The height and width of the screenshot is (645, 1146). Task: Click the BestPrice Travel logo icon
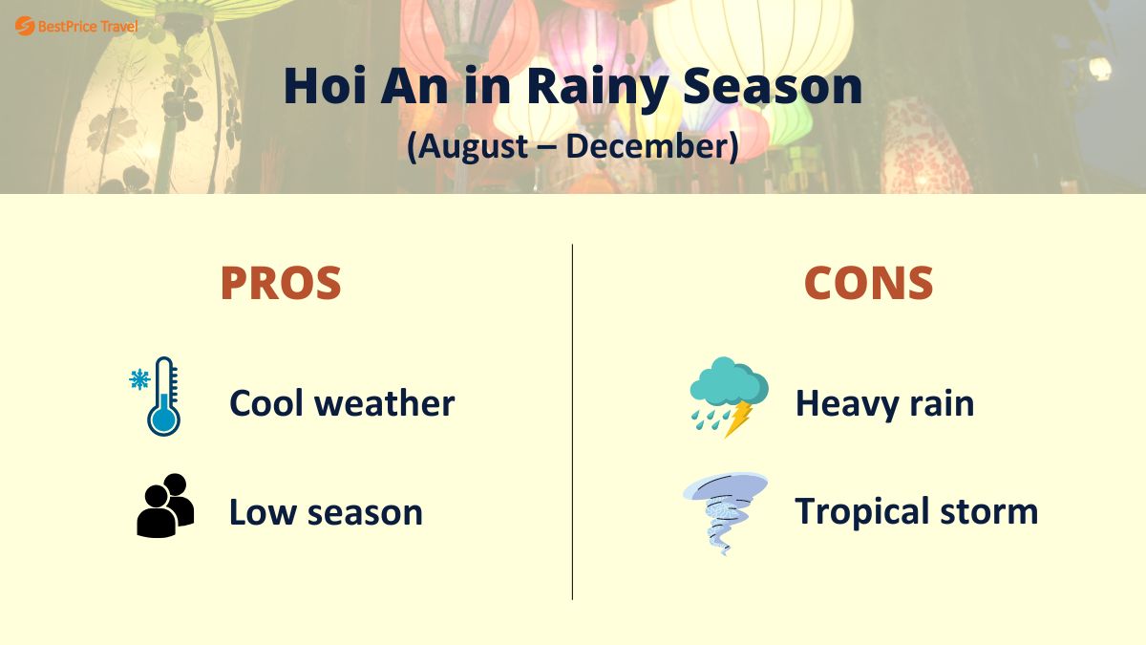click(25, 26)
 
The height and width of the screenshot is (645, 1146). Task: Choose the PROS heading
click(281, 283)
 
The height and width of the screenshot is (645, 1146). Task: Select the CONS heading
click(868, 283)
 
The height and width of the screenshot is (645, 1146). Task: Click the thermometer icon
click(163, 398)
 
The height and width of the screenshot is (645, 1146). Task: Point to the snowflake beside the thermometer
click(139, 379)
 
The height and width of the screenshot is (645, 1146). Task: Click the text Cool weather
click(342, 403)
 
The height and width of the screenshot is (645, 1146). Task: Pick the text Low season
click(326, 512)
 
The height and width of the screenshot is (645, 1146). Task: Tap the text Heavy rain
click(884, 403)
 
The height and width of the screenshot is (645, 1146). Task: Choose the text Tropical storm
click(916, 511)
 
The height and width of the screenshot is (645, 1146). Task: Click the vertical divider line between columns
click(573, 420)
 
